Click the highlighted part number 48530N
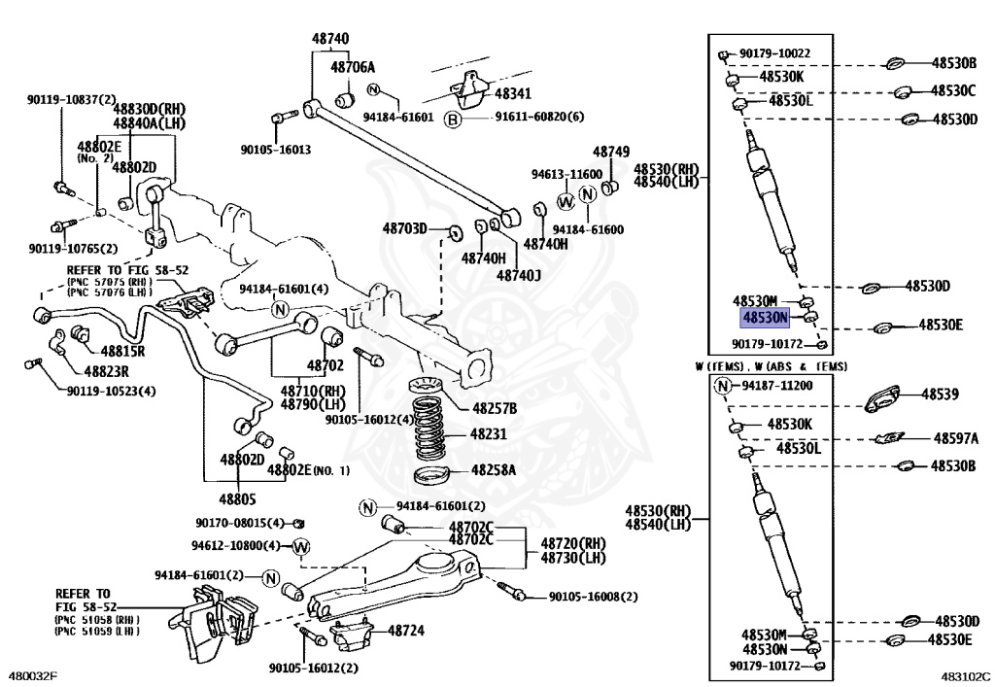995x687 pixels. (766, 317)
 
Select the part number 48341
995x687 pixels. (513, 94)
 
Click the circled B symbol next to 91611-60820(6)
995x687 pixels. (453, 119)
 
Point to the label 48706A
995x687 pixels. (353, 67)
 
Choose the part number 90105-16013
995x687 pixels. (275, 150)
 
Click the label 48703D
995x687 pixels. (405, 228)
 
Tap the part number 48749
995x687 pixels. (611, 152)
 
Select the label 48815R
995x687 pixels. (122, 350)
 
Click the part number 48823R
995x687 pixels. (107, 372)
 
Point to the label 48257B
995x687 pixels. (495, 408)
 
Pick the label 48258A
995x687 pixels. (494, 470)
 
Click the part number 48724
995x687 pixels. (406, 631)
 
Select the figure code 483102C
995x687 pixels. (966, 676)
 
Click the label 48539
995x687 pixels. (940, 395)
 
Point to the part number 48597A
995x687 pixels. (956, 438)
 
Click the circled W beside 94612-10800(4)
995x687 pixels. (301, 546)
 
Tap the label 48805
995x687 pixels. (238, 499)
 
